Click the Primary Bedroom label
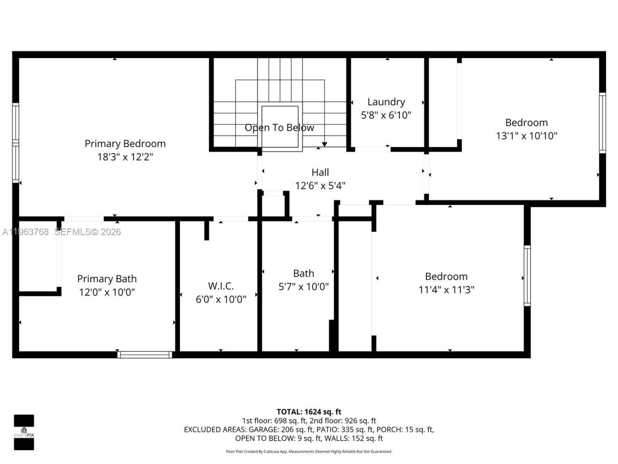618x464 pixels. click(x=125, y=144)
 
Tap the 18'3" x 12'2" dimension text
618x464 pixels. click(x=125, y=157)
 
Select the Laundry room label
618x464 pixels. click(x=386, y=102)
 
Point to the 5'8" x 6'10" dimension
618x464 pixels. click(x=386, y=116)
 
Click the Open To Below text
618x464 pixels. click(x=279, y=128)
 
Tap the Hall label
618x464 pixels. click(x=320, y=173)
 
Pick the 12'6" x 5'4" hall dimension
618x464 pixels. click(x=320, y=186)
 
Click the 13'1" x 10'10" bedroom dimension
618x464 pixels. click(x=526, y=136)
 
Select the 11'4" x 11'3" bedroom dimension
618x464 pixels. click(x=446, y=290)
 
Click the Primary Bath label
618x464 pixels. click(x=107, y=279)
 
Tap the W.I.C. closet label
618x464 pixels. click(x=221, y=286)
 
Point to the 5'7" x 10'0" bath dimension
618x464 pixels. click(x=303, y=287)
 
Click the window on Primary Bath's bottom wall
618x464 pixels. click(x=145, y=355)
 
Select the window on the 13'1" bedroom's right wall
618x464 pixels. click(x=602, y=123)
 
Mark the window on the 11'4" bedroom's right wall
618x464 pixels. click(x=527, y=275)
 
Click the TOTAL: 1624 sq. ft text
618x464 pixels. click(x=309, y=412)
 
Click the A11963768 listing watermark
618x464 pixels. click(x=25, y=232)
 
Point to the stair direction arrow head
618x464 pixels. click(x=324, y=144)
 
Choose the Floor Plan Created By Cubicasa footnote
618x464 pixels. click(x=309, y=451)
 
